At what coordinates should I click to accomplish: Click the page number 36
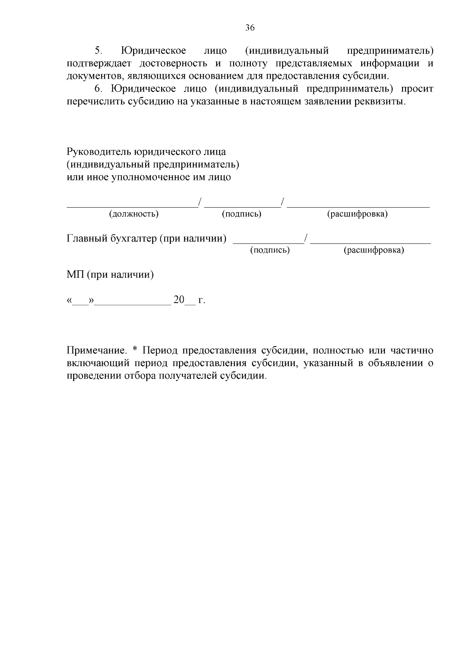click(x=250, y=28)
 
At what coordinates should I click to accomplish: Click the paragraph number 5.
click(x=98, y=51)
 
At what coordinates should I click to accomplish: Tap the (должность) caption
click(x=134, y=214)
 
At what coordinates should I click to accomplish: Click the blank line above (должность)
click(x=132, y=205)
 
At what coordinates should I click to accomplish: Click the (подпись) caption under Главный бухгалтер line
click(x=270, y=250)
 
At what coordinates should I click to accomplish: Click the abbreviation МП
click(x=75, y=275)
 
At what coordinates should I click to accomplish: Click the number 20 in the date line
click(x=179, y=300)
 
